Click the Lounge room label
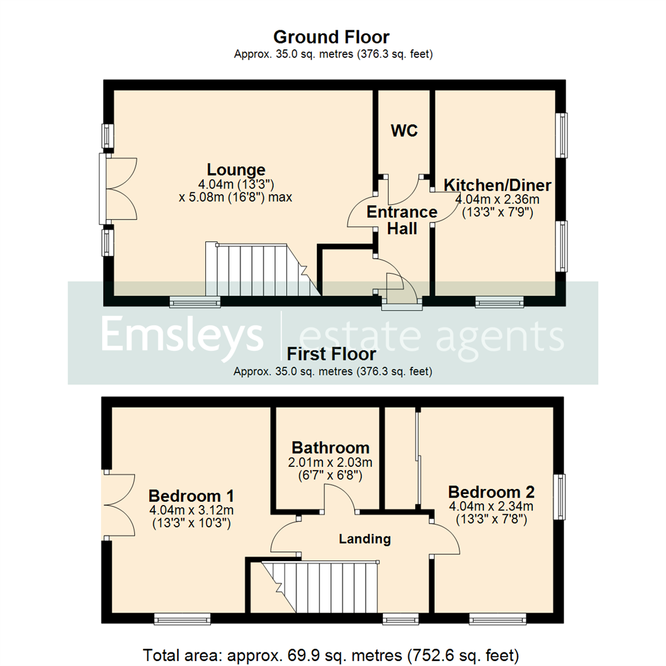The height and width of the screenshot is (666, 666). pyautogui.click(x=236, y=170)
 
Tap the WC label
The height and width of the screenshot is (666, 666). pyautogui.click(x=404, y=131)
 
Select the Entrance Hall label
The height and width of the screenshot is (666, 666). pyautogui.click(x=401, y=220)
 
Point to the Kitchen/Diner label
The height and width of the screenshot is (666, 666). pyautogui.click(x=498, y=185)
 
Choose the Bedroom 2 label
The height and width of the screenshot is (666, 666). pyautogui.click(x=491, y=492)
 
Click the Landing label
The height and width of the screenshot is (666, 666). pyautogui.click(x=364, y=539)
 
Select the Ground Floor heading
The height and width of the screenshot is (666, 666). pyautogui.click(x=331, y=37)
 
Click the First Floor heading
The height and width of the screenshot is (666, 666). pyautogui.click(x=331, y=355)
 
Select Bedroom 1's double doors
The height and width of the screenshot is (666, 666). pyautogui.click(x=119, y=505)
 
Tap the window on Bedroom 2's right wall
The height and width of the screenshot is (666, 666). pyautogui.click(x=560, y=496)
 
